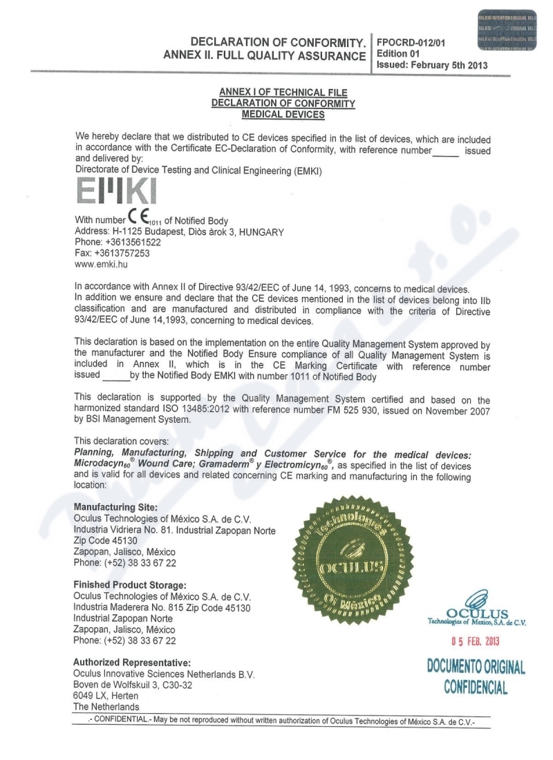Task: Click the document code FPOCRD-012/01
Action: click(x=411, y=42)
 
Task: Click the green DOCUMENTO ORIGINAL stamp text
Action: click(x=476, y=667)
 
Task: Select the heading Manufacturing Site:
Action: click(x=115, y=506)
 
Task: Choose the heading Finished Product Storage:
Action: click(x=129, y=585)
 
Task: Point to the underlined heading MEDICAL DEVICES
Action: click(x=282, y=114)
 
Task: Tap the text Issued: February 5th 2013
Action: click(x=432, y=66)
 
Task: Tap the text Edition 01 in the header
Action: click(x=397, y=54)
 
